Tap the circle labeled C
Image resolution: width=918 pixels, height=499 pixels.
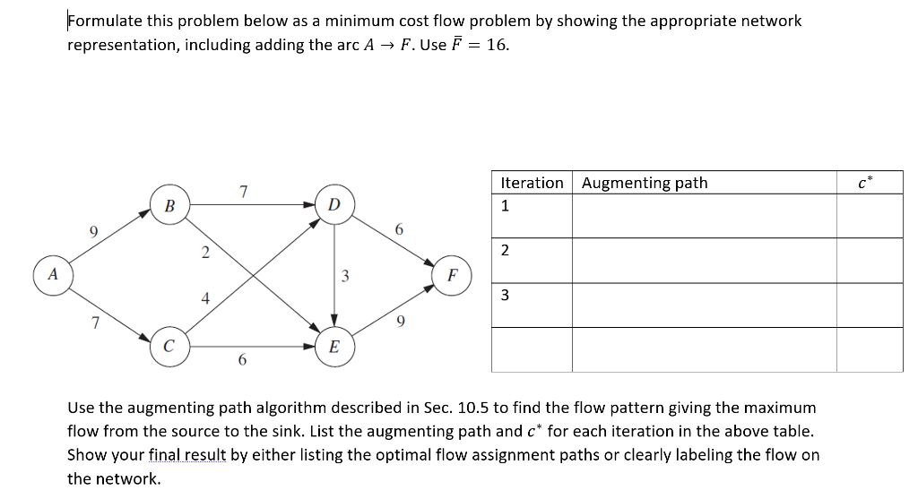[x=169, y=347]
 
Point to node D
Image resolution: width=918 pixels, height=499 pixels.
[x=333, y=204]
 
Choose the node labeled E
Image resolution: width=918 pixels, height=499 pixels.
[x=333, y=347]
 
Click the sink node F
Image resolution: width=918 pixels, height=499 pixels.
[x=453, y=275]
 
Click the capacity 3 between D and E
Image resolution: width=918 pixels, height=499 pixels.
[x=344, y=275]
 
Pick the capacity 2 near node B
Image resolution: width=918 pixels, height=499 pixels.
[x=205, y=252]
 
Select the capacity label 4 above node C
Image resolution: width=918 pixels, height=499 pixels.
[x=205, y=299]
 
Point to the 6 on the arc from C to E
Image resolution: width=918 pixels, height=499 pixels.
[x=242, y=360]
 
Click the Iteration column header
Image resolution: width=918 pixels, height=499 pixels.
[x=532, y=183]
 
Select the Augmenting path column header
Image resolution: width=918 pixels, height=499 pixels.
[x=645, y=183]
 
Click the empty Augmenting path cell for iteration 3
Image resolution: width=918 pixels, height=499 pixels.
[x=704, y=305]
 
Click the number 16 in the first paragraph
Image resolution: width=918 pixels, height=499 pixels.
[x=498, y=45]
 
